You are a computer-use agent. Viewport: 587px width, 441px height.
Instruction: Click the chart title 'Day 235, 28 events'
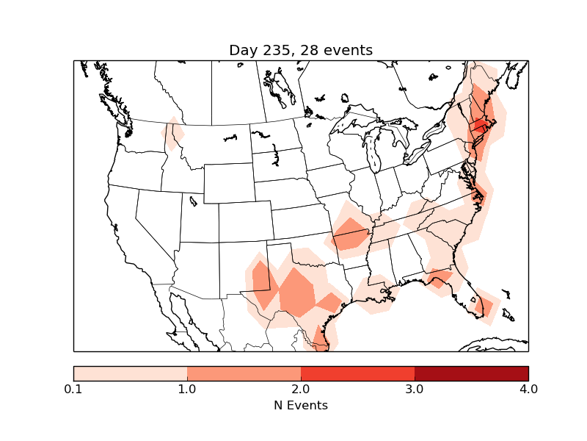[301, 50]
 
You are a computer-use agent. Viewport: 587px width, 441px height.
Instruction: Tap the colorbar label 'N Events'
[301, 405]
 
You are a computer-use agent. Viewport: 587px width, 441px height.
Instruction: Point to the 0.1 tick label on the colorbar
[73, 389]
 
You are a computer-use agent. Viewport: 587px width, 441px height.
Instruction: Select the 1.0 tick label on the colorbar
[187, 389]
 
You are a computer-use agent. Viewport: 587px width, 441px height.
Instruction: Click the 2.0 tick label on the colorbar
[301, 389]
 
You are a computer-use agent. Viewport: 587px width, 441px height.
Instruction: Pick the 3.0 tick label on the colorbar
[415, 389]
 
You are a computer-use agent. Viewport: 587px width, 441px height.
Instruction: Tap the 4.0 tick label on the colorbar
[528, 389]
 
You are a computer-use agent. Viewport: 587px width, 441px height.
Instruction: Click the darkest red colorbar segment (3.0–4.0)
[471, 373]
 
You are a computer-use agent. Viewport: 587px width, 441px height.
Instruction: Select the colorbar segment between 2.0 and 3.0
[357, 373]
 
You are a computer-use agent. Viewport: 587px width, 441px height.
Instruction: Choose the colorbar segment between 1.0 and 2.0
[244, 373]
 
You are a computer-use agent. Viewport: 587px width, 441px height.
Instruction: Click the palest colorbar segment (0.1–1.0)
[130, 373]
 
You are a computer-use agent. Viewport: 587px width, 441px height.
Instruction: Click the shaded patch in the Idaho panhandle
[173, 134]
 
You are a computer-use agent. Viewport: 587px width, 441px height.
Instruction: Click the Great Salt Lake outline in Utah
[193, 200]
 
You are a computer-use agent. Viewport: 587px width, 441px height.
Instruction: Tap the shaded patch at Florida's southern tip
[485, 304]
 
